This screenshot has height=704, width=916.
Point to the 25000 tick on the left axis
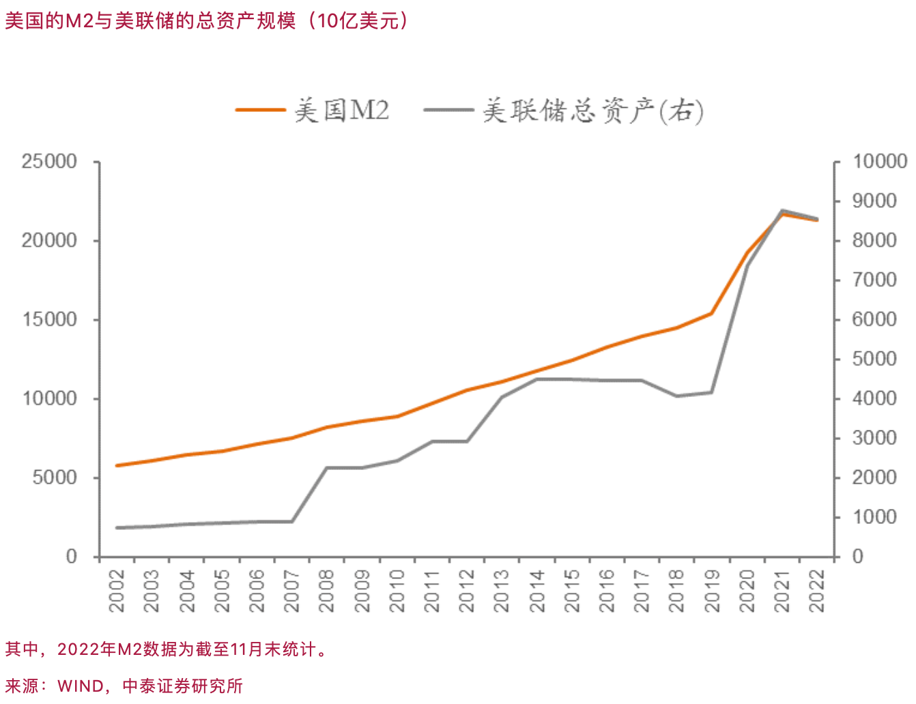[x=49, y=162]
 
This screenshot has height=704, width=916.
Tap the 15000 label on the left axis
[x=49, y=320]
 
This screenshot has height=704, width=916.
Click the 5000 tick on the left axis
[x=55, y=478]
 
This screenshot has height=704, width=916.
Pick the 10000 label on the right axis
[x=880, y=162]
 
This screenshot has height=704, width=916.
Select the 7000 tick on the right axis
[x=874, y=280]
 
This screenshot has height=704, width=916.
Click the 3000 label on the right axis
[x=874, y=438]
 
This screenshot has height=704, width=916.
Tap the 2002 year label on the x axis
[x=117, y=591]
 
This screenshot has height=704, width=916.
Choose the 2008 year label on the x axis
[x=327, y=591]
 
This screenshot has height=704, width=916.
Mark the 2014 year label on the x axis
[x=537, y=591]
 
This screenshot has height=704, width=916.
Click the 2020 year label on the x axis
[x=747, y=591]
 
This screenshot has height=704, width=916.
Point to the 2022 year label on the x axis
[x=817, y=591]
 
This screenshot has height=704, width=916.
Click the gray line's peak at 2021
[x=782, y=211]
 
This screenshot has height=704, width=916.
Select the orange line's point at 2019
[x=712, y=313]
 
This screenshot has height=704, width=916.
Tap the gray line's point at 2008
[x=327, y=468]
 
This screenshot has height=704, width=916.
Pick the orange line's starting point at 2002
[x=117, y=465]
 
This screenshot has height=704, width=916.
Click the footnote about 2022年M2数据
[x=167, y=649]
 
